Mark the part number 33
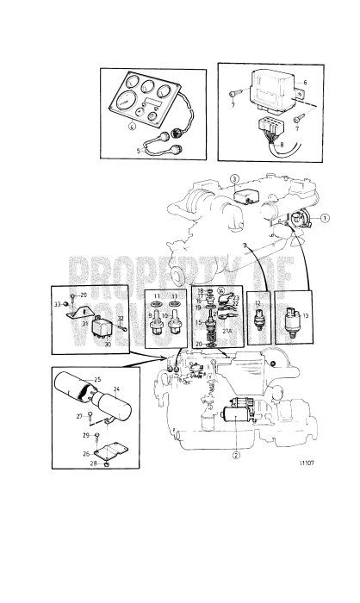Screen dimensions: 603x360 [57, 304]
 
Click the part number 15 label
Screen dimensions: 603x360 [196, 322]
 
